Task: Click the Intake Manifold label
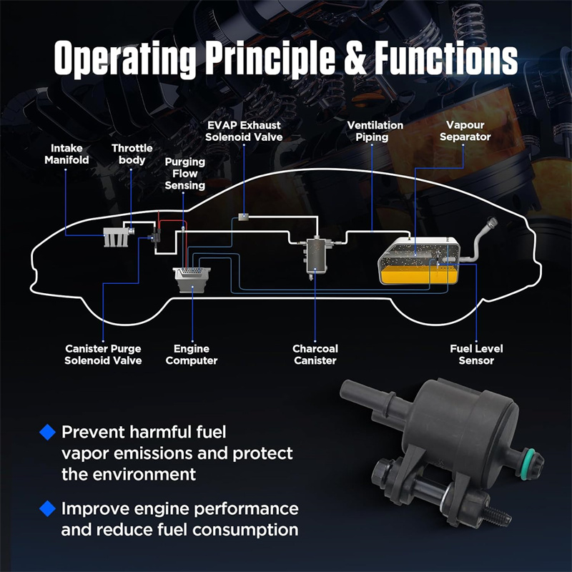pos(66,154)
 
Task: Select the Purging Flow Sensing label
pos(185,173)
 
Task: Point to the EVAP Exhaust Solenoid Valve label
pos(243,131)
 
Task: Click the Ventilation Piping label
pos(375,131)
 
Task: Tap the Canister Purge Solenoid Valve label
pos(103,355)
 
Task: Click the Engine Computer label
pos(191,355)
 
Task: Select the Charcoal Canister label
pos(315,355)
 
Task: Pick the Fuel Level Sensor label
pos(476,355)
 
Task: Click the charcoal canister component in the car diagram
pos(312,254)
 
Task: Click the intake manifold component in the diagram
pos(112,237)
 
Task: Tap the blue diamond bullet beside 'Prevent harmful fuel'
pos(48,431)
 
